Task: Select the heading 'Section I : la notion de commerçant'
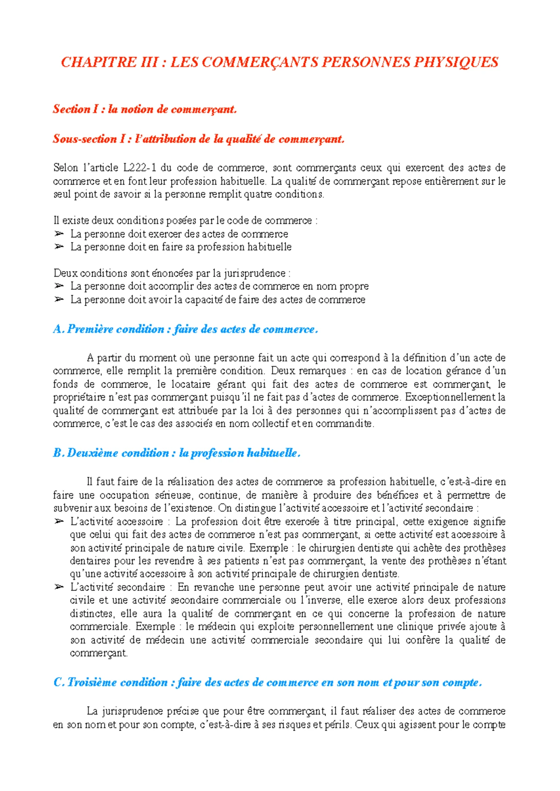pos(145,109)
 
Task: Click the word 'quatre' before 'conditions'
pos(264,194)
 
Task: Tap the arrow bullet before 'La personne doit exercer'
pos(59,234)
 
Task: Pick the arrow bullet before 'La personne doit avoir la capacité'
pos(59,299)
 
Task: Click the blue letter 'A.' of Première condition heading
pos(59,329)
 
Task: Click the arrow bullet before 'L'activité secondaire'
pos(59,587)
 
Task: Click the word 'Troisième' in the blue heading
pos(92,682)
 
